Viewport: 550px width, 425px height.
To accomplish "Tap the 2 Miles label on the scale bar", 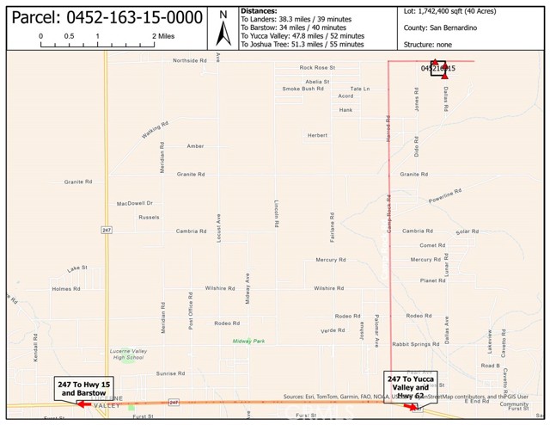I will pyautogui.click(x=165, y=36).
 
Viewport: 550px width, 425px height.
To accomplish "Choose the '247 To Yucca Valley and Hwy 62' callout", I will pyautogui.click(x=411, y=389).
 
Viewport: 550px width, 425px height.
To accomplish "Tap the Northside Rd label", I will pyautogui.click(x=190, y=60).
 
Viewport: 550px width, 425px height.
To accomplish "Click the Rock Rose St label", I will pyautogui.click(x=317, y=67).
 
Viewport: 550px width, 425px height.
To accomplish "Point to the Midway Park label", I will pyautogui.click(x=248, y=341).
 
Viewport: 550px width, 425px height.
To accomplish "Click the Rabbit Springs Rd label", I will pyautogui.click(x=416, y=344).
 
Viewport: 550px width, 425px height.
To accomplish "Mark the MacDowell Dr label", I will pyautogui.click(x=135, y=204).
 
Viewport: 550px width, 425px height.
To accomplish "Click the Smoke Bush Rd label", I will pyautogui.click(x=302, y=89).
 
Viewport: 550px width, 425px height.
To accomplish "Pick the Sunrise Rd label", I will pyautogui.click(x=170, y=373).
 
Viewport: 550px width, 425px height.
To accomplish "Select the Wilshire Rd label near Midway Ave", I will pyautogui.click(x=220, y=288).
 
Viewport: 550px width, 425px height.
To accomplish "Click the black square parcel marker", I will pyautogui.click(x=437, y=69).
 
